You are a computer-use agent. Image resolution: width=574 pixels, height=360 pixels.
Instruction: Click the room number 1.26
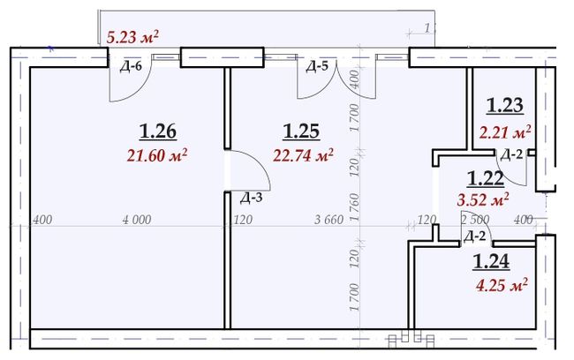coord(158,131)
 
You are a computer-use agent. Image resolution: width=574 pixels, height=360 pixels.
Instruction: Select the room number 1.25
coord(302,131)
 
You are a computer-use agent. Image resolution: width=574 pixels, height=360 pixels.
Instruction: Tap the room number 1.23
coord(505,106)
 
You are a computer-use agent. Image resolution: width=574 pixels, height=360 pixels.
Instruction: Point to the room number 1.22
coord(486,179)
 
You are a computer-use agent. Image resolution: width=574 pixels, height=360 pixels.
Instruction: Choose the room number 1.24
coord(491,262)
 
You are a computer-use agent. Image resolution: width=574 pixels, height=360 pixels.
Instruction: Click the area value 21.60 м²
coord(157,155)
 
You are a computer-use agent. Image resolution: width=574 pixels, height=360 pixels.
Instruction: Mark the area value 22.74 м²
coord(303,155)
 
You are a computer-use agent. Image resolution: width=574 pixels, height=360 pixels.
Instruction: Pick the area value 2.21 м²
coord(505,132)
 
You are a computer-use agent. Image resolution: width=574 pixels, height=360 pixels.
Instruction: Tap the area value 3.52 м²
coord(483,199)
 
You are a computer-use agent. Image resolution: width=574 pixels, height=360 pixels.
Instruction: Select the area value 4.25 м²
coord(502,285)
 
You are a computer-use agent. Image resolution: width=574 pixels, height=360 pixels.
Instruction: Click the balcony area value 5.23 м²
coord(132,37)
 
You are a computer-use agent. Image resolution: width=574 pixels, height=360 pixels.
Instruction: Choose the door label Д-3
coord(252,198)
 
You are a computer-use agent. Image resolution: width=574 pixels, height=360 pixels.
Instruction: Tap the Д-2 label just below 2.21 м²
coord(511,155)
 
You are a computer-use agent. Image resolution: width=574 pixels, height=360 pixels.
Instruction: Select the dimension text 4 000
coord(137,220)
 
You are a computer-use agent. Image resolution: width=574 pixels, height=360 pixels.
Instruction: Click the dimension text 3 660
coord(329,220)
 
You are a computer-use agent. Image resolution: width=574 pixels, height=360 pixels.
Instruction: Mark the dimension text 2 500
coord(475,220)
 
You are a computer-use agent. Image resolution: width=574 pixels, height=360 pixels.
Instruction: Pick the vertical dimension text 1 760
coord(354,207)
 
